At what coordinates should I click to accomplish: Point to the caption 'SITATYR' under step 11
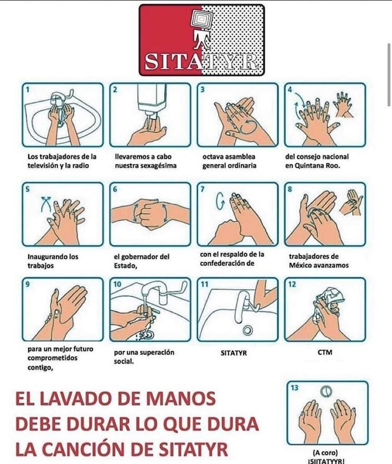point(233,353)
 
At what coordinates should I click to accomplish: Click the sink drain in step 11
point(247,330)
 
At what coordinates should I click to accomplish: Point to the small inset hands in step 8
point(352,202)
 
